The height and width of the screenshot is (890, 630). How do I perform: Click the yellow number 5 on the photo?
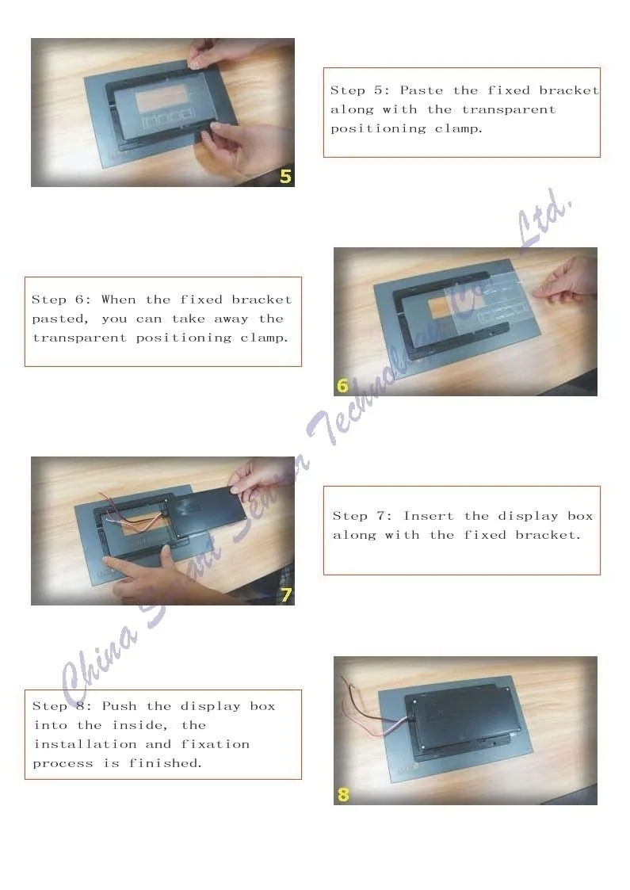[x=285, y=177]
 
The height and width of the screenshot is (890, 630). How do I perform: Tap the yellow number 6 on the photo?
[x=342, y=385]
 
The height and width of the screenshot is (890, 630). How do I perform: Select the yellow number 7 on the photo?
[x=286, y=595]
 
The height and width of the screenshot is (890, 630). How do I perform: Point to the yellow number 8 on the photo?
[x=343, y=795]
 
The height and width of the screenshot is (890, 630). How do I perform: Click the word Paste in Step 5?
[x=421, y=90]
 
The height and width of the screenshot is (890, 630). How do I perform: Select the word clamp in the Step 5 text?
[x=458, y=129]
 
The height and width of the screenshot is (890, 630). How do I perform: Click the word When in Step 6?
[x=119, y=299]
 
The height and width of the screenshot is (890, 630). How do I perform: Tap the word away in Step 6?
[x=231, y=319]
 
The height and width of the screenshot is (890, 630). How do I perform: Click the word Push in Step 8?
[x=119, y=706]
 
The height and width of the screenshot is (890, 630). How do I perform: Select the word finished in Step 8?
[x=165, y=763]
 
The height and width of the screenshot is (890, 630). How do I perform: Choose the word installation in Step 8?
[x=85, y=744]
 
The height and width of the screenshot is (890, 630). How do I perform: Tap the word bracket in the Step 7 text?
[x=548, y=535]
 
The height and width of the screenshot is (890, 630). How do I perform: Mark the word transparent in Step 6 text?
[x=79, y=338]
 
